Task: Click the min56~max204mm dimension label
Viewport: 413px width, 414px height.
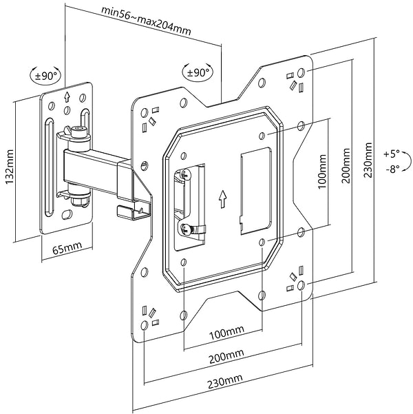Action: pos(146,21)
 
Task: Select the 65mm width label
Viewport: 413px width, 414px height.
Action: pos(67,248)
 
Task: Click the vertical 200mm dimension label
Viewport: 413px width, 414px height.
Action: pos(346,166)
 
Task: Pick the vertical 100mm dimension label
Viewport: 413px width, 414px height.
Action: pos(322,172)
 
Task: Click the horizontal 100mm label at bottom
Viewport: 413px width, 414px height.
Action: pos(226,333)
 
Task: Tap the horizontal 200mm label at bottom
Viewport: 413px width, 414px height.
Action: pos(226,356)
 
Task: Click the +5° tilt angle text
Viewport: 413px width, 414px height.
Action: pos(392,154)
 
